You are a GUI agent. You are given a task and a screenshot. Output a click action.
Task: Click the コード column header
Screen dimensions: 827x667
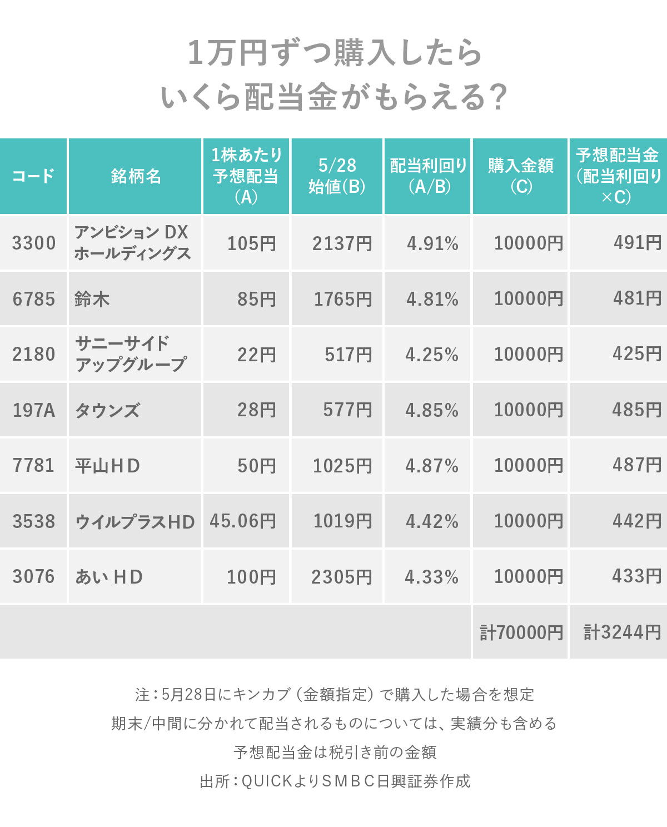coord(33,176)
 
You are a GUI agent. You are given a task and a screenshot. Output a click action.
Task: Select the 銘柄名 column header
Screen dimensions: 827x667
coord(136,176)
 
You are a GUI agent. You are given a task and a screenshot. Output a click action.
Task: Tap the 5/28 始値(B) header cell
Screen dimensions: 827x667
coord(337,176)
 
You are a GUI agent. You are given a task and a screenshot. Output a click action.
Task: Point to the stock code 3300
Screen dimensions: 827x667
coord(34,243)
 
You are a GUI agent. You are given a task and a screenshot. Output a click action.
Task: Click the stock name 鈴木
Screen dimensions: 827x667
coord(92,299)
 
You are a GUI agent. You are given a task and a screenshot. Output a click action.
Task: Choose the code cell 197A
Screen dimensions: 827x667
coord(34,410)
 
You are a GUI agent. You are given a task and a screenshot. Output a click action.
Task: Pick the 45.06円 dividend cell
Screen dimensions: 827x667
coord(243,521)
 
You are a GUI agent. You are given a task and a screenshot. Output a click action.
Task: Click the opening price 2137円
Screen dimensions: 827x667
coord(342,243)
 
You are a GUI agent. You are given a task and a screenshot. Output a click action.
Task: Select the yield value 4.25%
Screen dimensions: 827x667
coord(432,355)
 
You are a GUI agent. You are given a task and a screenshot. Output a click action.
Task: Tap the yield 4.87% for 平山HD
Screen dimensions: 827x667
coord(432,466)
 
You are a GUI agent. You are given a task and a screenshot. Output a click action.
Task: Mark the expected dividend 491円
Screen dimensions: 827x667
coord(637,243)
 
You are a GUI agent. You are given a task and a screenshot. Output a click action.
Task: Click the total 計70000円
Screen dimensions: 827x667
coord(521,632)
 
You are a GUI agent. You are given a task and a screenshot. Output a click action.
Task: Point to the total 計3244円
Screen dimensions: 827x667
coord(622,632)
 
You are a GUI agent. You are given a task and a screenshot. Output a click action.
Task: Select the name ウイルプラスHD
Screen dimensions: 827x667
coord(135,522)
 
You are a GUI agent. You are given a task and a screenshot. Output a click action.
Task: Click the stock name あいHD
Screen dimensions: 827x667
coord(109,577)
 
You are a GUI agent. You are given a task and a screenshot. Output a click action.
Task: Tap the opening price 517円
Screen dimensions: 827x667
coord(348,355)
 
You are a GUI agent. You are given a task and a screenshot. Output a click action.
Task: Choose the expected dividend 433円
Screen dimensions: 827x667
coord(636,576)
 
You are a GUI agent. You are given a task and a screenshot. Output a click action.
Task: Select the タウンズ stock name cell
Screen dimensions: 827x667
coord(107,411)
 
